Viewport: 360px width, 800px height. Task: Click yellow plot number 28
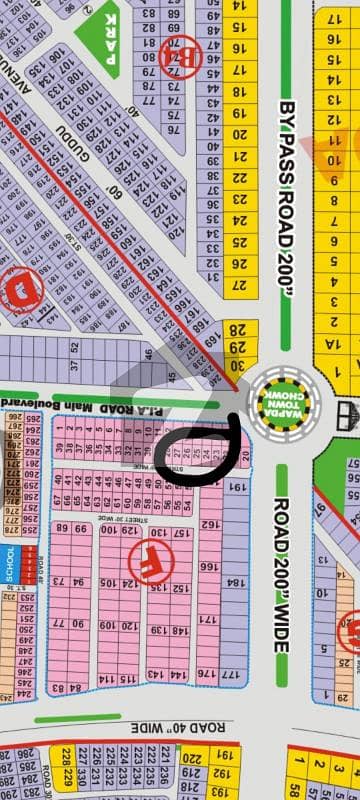(236, 329)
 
